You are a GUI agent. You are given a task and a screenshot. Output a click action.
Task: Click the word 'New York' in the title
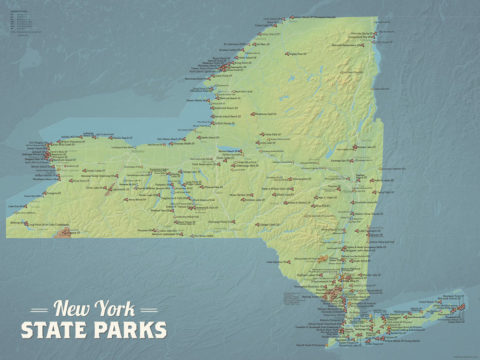[94, 309]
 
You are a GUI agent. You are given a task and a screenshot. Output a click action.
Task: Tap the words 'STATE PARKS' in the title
[94, 330]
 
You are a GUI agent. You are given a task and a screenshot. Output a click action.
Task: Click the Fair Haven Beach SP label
[168, 139]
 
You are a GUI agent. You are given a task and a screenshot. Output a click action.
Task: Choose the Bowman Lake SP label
[254, 200]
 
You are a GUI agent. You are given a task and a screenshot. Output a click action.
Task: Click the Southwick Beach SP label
[228, 109]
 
